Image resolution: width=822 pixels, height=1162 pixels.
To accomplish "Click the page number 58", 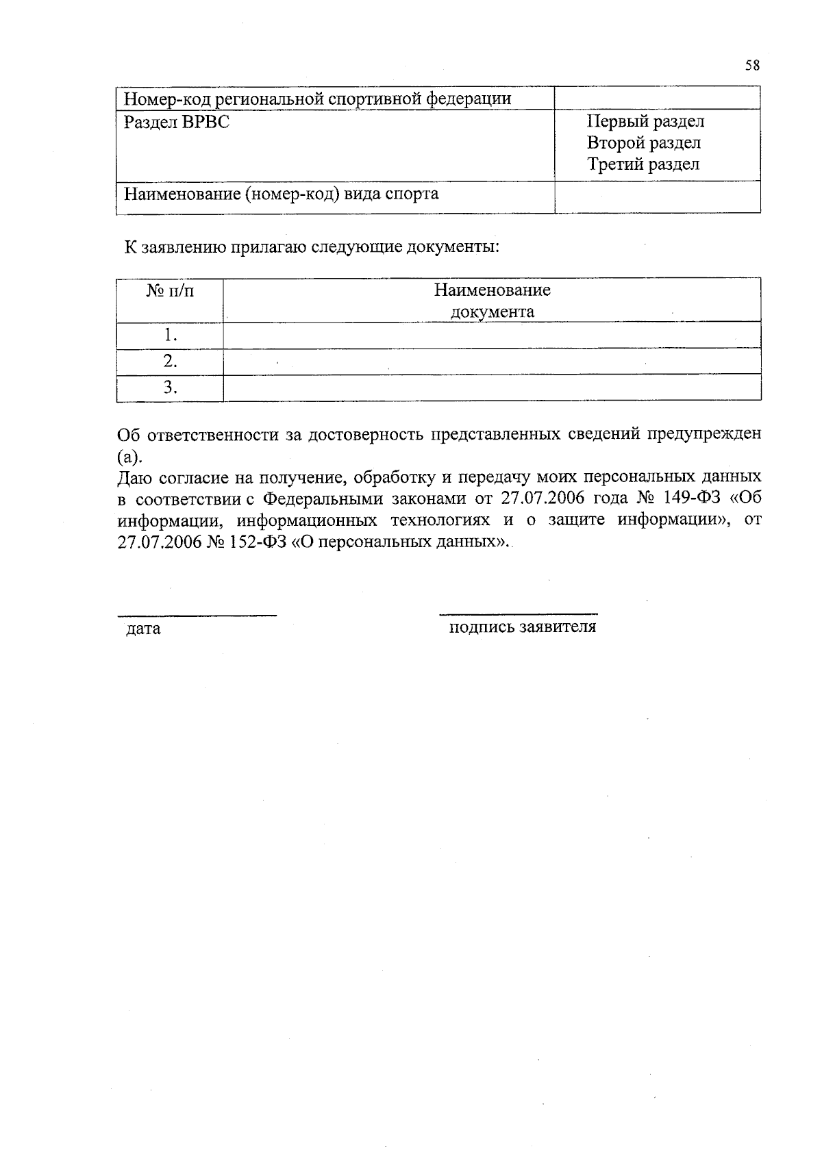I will (x=751, y=66).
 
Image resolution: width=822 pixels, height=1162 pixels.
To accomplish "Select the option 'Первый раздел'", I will (x=645, y=122).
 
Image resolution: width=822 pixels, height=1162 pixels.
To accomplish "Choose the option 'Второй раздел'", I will (x=643, y=143).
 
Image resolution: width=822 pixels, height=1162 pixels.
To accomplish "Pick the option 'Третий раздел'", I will (x=643, y=164).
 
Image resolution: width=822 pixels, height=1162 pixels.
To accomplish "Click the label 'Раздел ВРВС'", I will (x=177, y=122).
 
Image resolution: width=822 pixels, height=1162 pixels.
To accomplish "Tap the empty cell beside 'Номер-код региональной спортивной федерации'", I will (x=657, y=98).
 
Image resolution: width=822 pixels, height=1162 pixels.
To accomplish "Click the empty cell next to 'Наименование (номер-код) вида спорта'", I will (x=657, y=197).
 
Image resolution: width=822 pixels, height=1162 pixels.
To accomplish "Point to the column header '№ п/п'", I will (x=170, y=291).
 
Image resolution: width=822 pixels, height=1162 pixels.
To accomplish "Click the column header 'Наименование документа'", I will (x=492, y=301).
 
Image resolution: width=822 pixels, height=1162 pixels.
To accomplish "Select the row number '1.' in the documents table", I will (x=170, y=336).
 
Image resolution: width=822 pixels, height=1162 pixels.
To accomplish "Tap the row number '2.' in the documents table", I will (x=170, y=362).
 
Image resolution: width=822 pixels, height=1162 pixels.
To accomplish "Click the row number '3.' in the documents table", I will (x=170, y=388).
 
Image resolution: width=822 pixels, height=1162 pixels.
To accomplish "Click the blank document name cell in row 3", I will (x=492, y=388).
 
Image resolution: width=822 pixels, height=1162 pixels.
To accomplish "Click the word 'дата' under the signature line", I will (x=143, y=628).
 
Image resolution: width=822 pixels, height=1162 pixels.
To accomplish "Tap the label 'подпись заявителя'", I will (x=522, y=627).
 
